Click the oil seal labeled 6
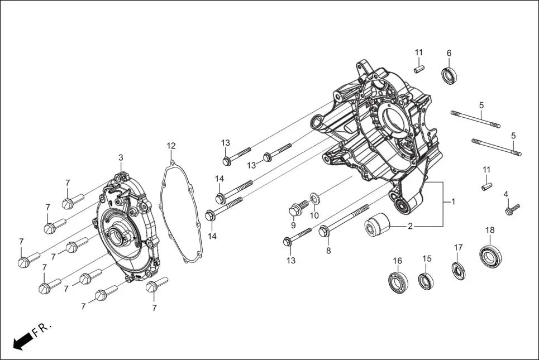(x=450, y=75)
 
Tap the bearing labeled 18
(x=490, y=255)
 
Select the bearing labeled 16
(x=398, y=282)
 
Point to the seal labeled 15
(x=427, y=281)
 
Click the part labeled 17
(x=459, y=270)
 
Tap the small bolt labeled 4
(x=512, y=210)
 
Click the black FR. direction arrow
(x=21, y=342)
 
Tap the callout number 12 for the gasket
(x=171, y=146)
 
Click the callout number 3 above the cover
(x=121, y=158)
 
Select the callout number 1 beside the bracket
(x=453, y=201)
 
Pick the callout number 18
(x=490, y=230)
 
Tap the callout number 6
(x=449, y=53)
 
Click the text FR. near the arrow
(x=42, y=329)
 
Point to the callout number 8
(x=328, y=251)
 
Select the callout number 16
(x=397, y=261)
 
